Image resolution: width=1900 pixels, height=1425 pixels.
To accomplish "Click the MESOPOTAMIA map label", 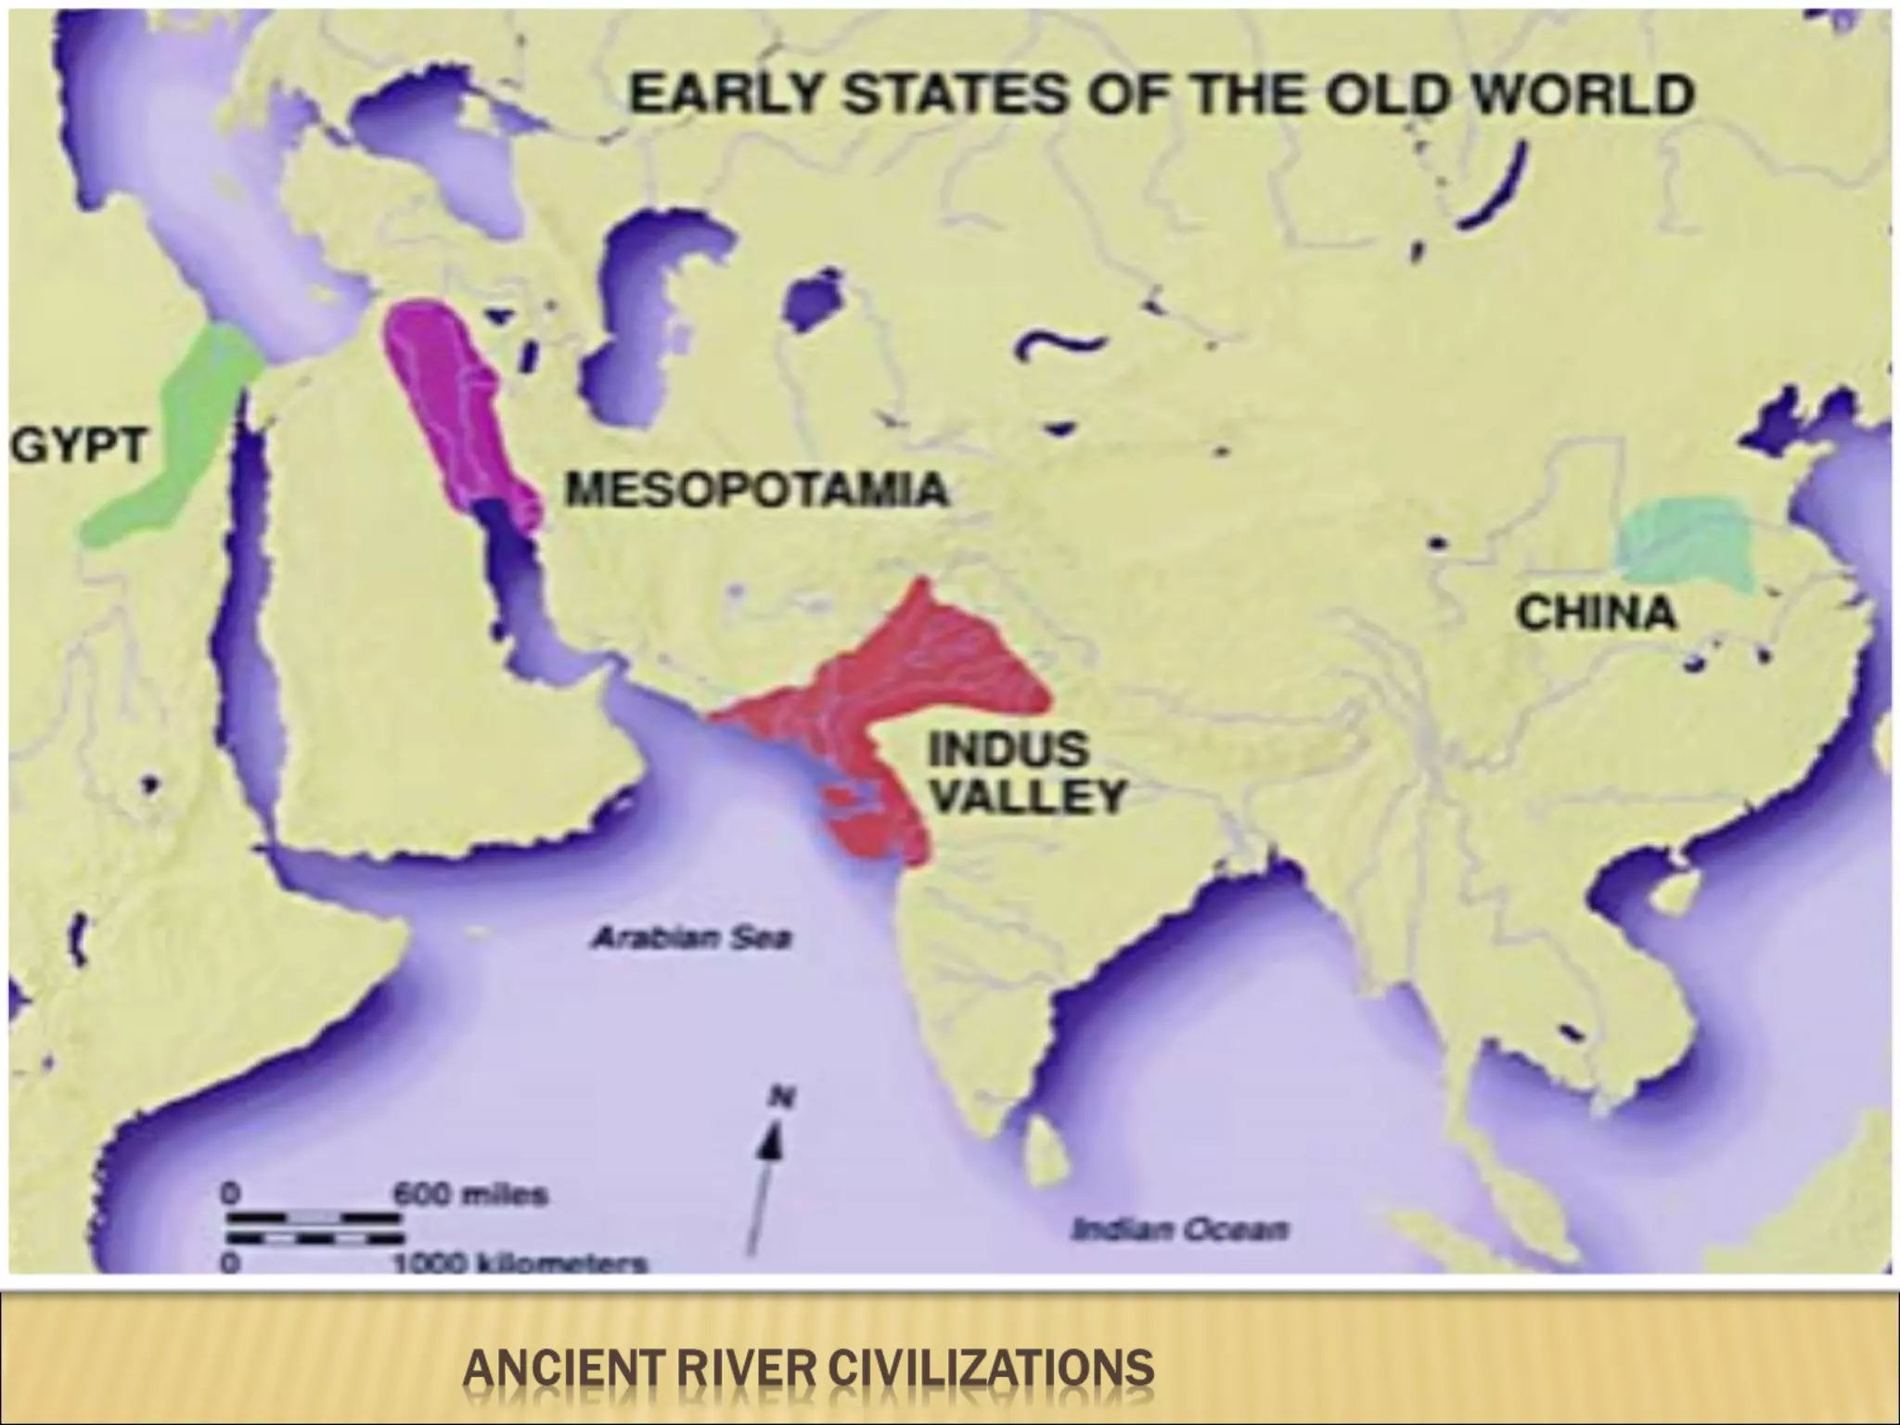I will coord(757,489).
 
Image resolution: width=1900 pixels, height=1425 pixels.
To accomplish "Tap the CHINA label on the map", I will coord(1597,613).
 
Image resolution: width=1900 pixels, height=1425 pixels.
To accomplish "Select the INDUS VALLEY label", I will coord(1026,772).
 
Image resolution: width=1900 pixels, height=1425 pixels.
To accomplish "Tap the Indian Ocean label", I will coord(1179,1230).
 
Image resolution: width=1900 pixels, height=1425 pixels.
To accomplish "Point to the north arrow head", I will coord(773,1142).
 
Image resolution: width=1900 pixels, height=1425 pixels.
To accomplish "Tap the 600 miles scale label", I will coord(470,1195).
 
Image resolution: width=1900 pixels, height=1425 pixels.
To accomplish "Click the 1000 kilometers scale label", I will coord(520,1264).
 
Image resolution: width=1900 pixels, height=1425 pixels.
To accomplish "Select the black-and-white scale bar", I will coord(315,1226).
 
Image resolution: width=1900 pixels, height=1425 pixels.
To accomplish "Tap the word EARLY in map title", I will coord(724,96).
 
